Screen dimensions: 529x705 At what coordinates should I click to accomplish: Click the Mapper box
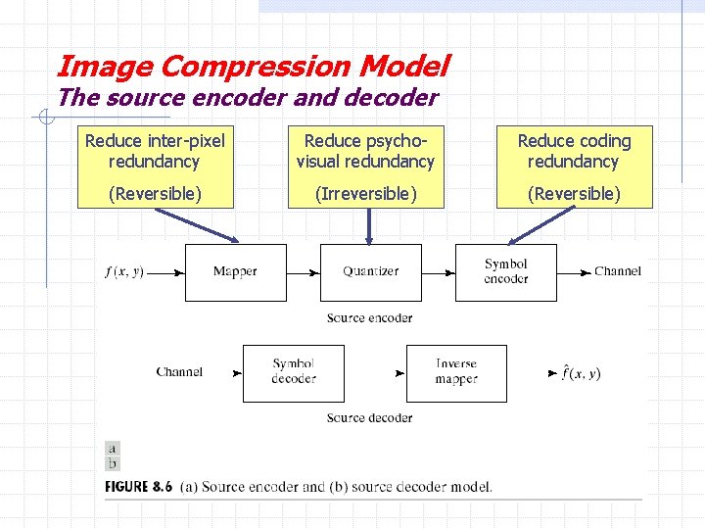[235, 271]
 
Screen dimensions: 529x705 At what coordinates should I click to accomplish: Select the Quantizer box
[370, 271]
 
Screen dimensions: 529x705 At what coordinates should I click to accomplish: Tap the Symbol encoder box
[505, 271]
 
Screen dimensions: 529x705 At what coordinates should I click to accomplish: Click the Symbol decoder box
[293, 372]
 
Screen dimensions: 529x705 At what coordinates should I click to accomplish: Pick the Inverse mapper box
[456, 372]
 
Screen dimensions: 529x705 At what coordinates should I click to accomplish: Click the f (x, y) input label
[124, 271]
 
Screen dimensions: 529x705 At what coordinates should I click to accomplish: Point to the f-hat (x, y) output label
[581, 372]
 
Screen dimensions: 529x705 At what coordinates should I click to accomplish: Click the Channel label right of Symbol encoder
[617, 271]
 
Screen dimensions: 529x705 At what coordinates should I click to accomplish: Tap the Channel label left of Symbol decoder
[179, 372]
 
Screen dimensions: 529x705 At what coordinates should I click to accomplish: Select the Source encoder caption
[369, 317]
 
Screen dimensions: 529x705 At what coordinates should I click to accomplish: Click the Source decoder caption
[369, 418]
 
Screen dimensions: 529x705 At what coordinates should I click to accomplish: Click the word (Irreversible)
[365, 194]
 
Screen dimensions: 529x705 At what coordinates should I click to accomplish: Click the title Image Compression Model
[253, 67]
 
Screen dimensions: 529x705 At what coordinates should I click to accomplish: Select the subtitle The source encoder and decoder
[247, 98]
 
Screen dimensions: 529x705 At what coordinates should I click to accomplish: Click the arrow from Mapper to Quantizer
[304, 271]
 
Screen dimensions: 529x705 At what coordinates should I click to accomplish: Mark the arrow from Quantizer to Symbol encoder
[439, 271]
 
